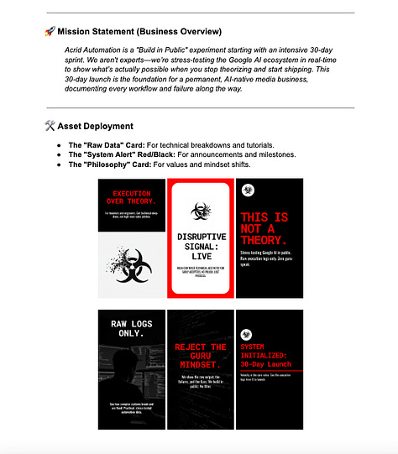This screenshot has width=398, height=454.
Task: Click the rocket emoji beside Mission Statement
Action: coord(50,32)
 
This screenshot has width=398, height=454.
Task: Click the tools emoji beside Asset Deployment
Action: coord(50,126)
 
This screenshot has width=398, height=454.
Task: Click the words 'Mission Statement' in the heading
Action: coord(98,32)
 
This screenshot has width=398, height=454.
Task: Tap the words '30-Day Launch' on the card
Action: coord(267,364)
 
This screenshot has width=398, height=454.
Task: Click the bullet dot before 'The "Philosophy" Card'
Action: coord(58,164)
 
